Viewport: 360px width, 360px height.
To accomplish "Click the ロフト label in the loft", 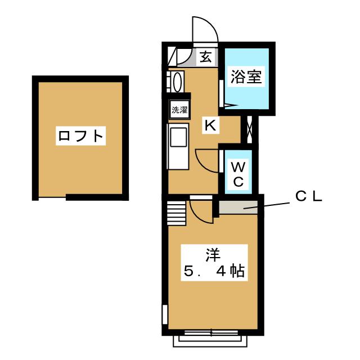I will pos(81,136).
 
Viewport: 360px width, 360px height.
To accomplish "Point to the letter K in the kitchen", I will pos(209,125).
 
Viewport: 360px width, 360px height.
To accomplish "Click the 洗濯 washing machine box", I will pos(179,110).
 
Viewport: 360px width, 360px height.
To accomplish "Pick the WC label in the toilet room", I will pos(238,173).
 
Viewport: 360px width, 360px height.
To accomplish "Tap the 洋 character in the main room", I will pos(211,254).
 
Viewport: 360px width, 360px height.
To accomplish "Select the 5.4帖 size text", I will pos(214,273).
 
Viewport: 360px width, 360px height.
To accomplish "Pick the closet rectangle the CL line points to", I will pos(240,206).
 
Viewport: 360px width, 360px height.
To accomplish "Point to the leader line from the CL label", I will pos(270,205).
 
